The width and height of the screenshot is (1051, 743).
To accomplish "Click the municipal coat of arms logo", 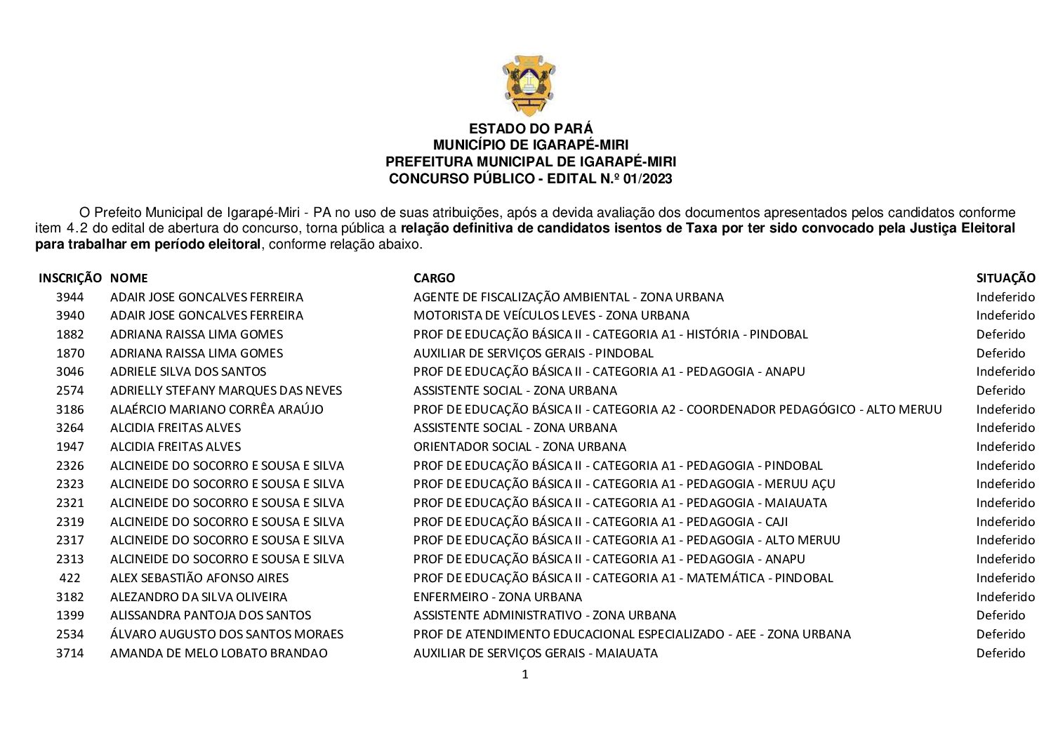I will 529,86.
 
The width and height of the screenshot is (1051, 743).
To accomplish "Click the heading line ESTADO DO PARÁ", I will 530,129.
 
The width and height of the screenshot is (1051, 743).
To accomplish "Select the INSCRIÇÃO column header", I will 70,278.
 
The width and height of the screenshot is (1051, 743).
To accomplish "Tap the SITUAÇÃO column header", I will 1005,278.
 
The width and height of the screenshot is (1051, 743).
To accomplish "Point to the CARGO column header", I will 434,278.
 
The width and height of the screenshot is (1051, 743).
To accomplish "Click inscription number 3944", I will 70,297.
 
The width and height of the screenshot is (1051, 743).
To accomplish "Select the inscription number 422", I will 70,578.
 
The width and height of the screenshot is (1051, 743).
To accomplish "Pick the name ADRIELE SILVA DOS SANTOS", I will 188,371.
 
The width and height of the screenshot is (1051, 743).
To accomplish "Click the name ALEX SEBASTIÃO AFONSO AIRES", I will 199,578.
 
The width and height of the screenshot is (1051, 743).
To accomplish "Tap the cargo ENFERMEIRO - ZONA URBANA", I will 498,597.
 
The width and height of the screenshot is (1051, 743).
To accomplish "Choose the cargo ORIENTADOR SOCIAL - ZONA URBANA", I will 520,447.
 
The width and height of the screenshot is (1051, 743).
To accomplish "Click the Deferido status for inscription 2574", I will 1000,390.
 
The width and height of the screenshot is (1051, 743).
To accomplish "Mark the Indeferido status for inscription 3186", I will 1005,409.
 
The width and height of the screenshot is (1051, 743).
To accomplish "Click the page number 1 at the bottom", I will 525,675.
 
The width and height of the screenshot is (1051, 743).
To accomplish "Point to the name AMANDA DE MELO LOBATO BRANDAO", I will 219,653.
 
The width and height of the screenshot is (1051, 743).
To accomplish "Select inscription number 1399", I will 70,615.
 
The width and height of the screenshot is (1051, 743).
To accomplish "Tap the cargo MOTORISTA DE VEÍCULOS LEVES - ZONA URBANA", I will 551,315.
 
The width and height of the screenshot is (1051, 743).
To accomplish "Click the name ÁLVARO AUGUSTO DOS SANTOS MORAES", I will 227,634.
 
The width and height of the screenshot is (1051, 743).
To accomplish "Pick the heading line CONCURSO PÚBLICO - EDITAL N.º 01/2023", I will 530,179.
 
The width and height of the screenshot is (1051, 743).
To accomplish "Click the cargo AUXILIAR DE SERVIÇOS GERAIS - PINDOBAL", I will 534,353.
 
